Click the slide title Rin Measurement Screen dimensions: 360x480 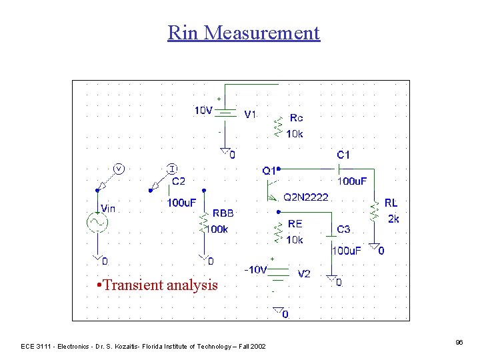(x=243, y=33)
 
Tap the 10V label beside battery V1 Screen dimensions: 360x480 (x=203, y=111)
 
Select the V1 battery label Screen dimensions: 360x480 (x=250, y=115)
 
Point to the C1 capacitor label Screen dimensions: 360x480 (x=343, y=155)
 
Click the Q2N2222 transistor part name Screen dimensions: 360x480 (x=307, y=197)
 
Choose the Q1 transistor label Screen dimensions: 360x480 (x=269, y=171)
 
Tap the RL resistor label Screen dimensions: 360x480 (x=391, y=203)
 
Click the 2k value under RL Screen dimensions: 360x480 (x=393, y=219)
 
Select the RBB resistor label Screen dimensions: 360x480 (x=223, y=213)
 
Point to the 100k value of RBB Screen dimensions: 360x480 (x=217, y=229)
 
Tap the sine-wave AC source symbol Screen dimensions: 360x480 (x=96, y=223)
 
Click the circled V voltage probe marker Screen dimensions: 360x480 (x=118, y=168)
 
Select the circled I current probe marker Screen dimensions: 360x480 (x=171, y=168)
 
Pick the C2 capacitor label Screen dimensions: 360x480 (x=179, y=181)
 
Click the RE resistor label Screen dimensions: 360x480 (x=295, y=224)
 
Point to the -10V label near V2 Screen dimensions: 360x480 (x=255, y=270)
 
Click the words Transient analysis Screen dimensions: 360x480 (x=157, y=285)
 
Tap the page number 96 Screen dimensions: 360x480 (x=459, y=342)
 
